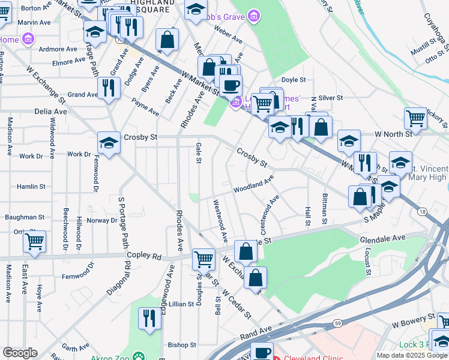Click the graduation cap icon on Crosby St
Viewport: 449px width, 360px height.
pyautogui.click(x=109, y=143)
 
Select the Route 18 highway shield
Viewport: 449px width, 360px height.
pyautogui.click(x=423, y=212)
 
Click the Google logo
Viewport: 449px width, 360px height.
pyautogui.click(x=20, y=353)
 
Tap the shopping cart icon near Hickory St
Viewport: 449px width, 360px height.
pyautogui.click(x=415, y=118)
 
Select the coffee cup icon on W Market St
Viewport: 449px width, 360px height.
pyautogui.click(x=230, y=85)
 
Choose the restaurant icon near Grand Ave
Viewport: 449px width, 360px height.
pyautogui.click(x=109, y=88)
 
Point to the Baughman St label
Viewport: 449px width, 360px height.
pyautogui.click(x=25, y=217)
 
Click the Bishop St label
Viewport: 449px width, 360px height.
pyautogui.click(x=182, y=345)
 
